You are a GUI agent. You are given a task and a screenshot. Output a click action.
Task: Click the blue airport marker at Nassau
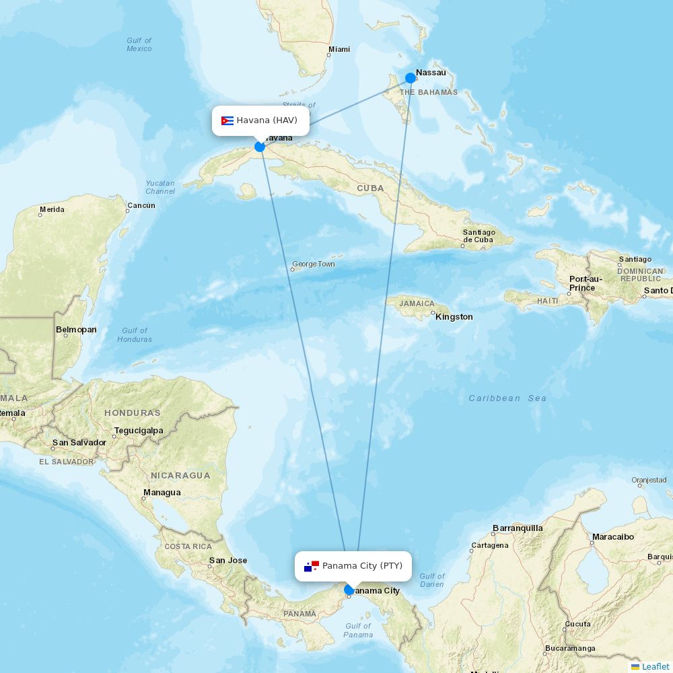point(411,78)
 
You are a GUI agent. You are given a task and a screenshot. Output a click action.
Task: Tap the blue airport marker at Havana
point(260,147)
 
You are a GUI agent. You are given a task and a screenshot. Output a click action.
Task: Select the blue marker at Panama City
point(349,590)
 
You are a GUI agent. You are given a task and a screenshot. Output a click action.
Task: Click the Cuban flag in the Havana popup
point(227,121)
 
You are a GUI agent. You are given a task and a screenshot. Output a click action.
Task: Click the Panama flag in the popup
point(311,566)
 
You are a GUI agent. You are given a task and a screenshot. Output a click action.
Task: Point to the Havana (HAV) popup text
point(267,120)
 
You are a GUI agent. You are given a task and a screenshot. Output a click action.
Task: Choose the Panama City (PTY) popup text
point(362,565)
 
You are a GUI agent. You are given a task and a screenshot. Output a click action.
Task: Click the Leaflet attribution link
point(655,666)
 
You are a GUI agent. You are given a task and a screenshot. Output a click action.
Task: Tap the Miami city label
point(339,49)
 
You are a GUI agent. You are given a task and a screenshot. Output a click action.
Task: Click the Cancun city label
point(141,205)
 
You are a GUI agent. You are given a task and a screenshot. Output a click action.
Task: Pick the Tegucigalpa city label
point(139,430)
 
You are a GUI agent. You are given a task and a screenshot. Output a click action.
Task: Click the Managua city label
point(162,493)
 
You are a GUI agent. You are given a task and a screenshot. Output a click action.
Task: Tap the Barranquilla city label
point(518,528)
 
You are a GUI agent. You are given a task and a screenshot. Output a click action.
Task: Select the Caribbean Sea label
point(507,398)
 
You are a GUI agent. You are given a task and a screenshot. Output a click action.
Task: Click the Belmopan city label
point(76,330)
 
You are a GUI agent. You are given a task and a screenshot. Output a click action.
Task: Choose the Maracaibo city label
point(612,537)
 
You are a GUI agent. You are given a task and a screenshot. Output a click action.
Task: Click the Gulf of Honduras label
point(135,334)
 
